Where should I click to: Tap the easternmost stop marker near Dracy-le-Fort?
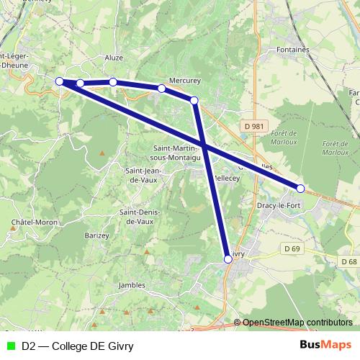tap(301, 189)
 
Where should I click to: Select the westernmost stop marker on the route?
tap(60, 81)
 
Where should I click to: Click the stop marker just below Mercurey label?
tap(162, 89)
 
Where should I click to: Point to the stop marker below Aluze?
tap(113, 82)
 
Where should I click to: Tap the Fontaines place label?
tap(292, 50)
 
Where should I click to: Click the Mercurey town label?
tap(183, 80)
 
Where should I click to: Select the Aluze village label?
tap(114, 58)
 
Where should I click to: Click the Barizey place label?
tap(96, 235)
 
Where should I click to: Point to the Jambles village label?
tap(131, 285)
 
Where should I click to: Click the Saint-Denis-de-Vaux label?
tap(140, 217)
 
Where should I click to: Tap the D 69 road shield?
tap(291, 248)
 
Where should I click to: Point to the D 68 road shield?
tap(349, 261)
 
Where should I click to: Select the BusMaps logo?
tap(325, 345)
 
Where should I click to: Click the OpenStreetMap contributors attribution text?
tap(297, 323)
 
